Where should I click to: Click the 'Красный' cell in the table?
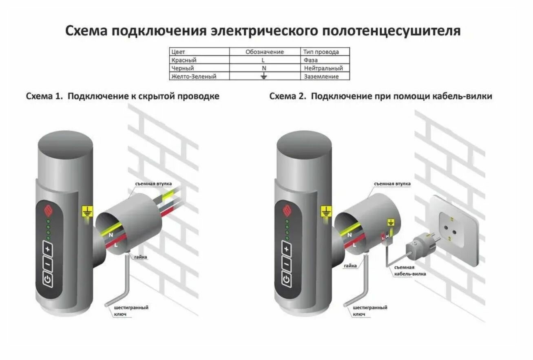point(181,60)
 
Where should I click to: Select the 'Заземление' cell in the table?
point(321,76)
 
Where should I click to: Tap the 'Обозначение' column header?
point(264,52)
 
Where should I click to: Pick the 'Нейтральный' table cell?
point(323,68)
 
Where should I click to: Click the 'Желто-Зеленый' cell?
point(194,76)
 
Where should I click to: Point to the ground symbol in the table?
point(264,76)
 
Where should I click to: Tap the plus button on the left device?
point(48,248)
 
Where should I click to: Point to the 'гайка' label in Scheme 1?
point(139,257)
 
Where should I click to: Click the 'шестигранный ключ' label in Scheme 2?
point(369,311)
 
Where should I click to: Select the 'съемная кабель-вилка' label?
point(409,271)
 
